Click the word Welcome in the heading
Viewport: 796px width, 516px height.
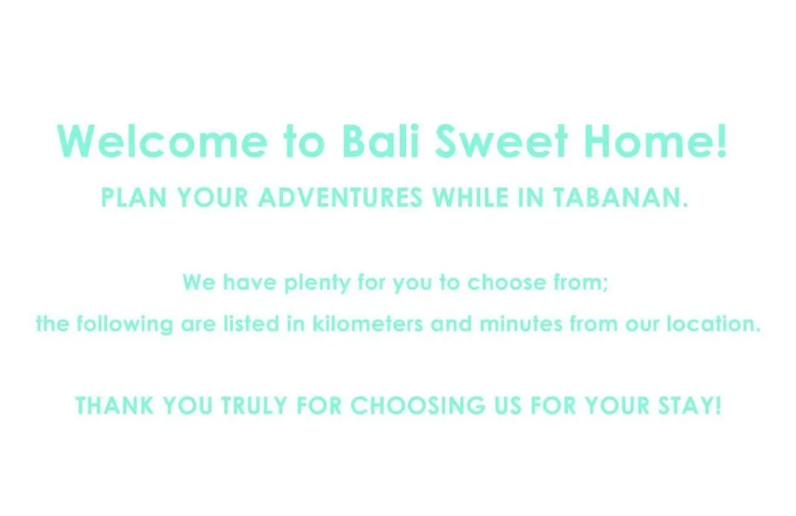tap(162, 141)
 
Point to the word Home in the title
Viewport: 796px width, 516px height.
tap(649, 141)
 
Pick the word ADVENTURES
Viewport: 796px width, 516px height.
tap(340, 198)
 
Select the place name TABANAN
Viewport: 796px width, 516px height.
tap(617, 198)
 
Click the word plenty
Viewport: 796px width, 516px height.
tap(317, 283)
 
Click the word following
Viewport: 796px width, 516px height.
tap(125, 324)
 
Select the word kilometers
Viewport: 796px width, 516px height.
tap(367, 324)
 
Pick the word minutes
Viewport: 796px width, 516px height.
tap(521, 324)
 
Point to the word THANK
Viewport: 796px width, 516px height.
tap(114, 405)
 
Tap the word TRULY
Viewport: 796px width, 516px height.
tap(254, 405)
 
